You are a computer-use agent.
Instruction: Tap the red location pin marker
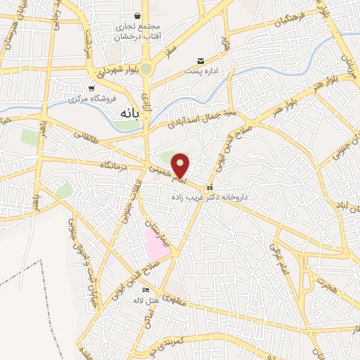(x=181, y=166)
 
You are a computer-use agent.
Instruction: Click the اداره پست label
(x=203, y=71)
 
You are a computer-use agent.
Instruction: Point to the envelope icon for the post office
(x=201, y=61)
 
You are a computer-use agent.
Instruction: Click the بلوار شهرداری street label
(x=114, y=72)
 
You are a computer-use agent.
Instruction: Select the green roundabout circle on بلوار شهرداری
(x=146, y=68)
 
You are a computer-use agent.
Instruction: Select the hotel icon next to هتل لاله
(x=146, y=290)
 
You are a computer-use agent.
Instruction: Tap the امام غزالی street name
(x=279, y=260)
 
